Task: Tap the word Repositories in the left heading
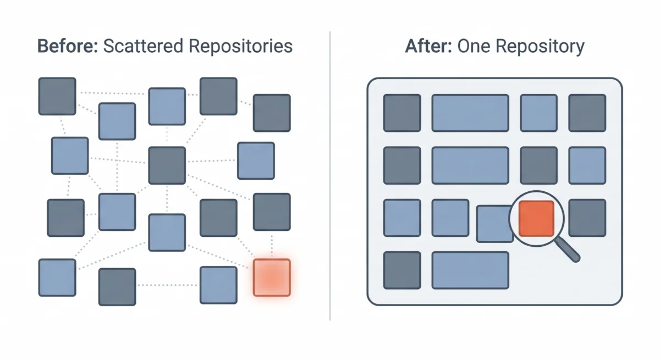[x=240, y=46]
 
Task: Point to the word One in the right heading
[x=474, y=46]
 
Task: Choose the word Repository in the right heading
[x=540, y=46]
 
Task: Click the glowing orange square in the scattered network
[x=271, y=278]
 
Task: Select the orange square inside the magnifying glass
[x=536, y=218]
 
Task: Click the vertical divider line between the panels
[x=330, y=176]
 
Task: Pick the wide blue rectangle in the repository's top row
[x=470, y=113]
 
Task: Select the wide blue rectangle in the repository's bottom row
[x=470, y=270]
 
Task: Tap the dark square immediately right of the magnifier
[x=587, y=218]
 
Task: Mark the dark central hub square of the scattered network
[x=167, y=165]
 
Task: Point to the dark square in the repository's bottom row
[x=402, y=270]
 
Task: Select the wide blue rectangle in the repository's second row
[x=470, y=165]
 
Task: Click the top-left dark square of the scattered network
[x=57, y=96]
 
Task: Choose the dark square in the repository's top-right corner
[x=587, y=113]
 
